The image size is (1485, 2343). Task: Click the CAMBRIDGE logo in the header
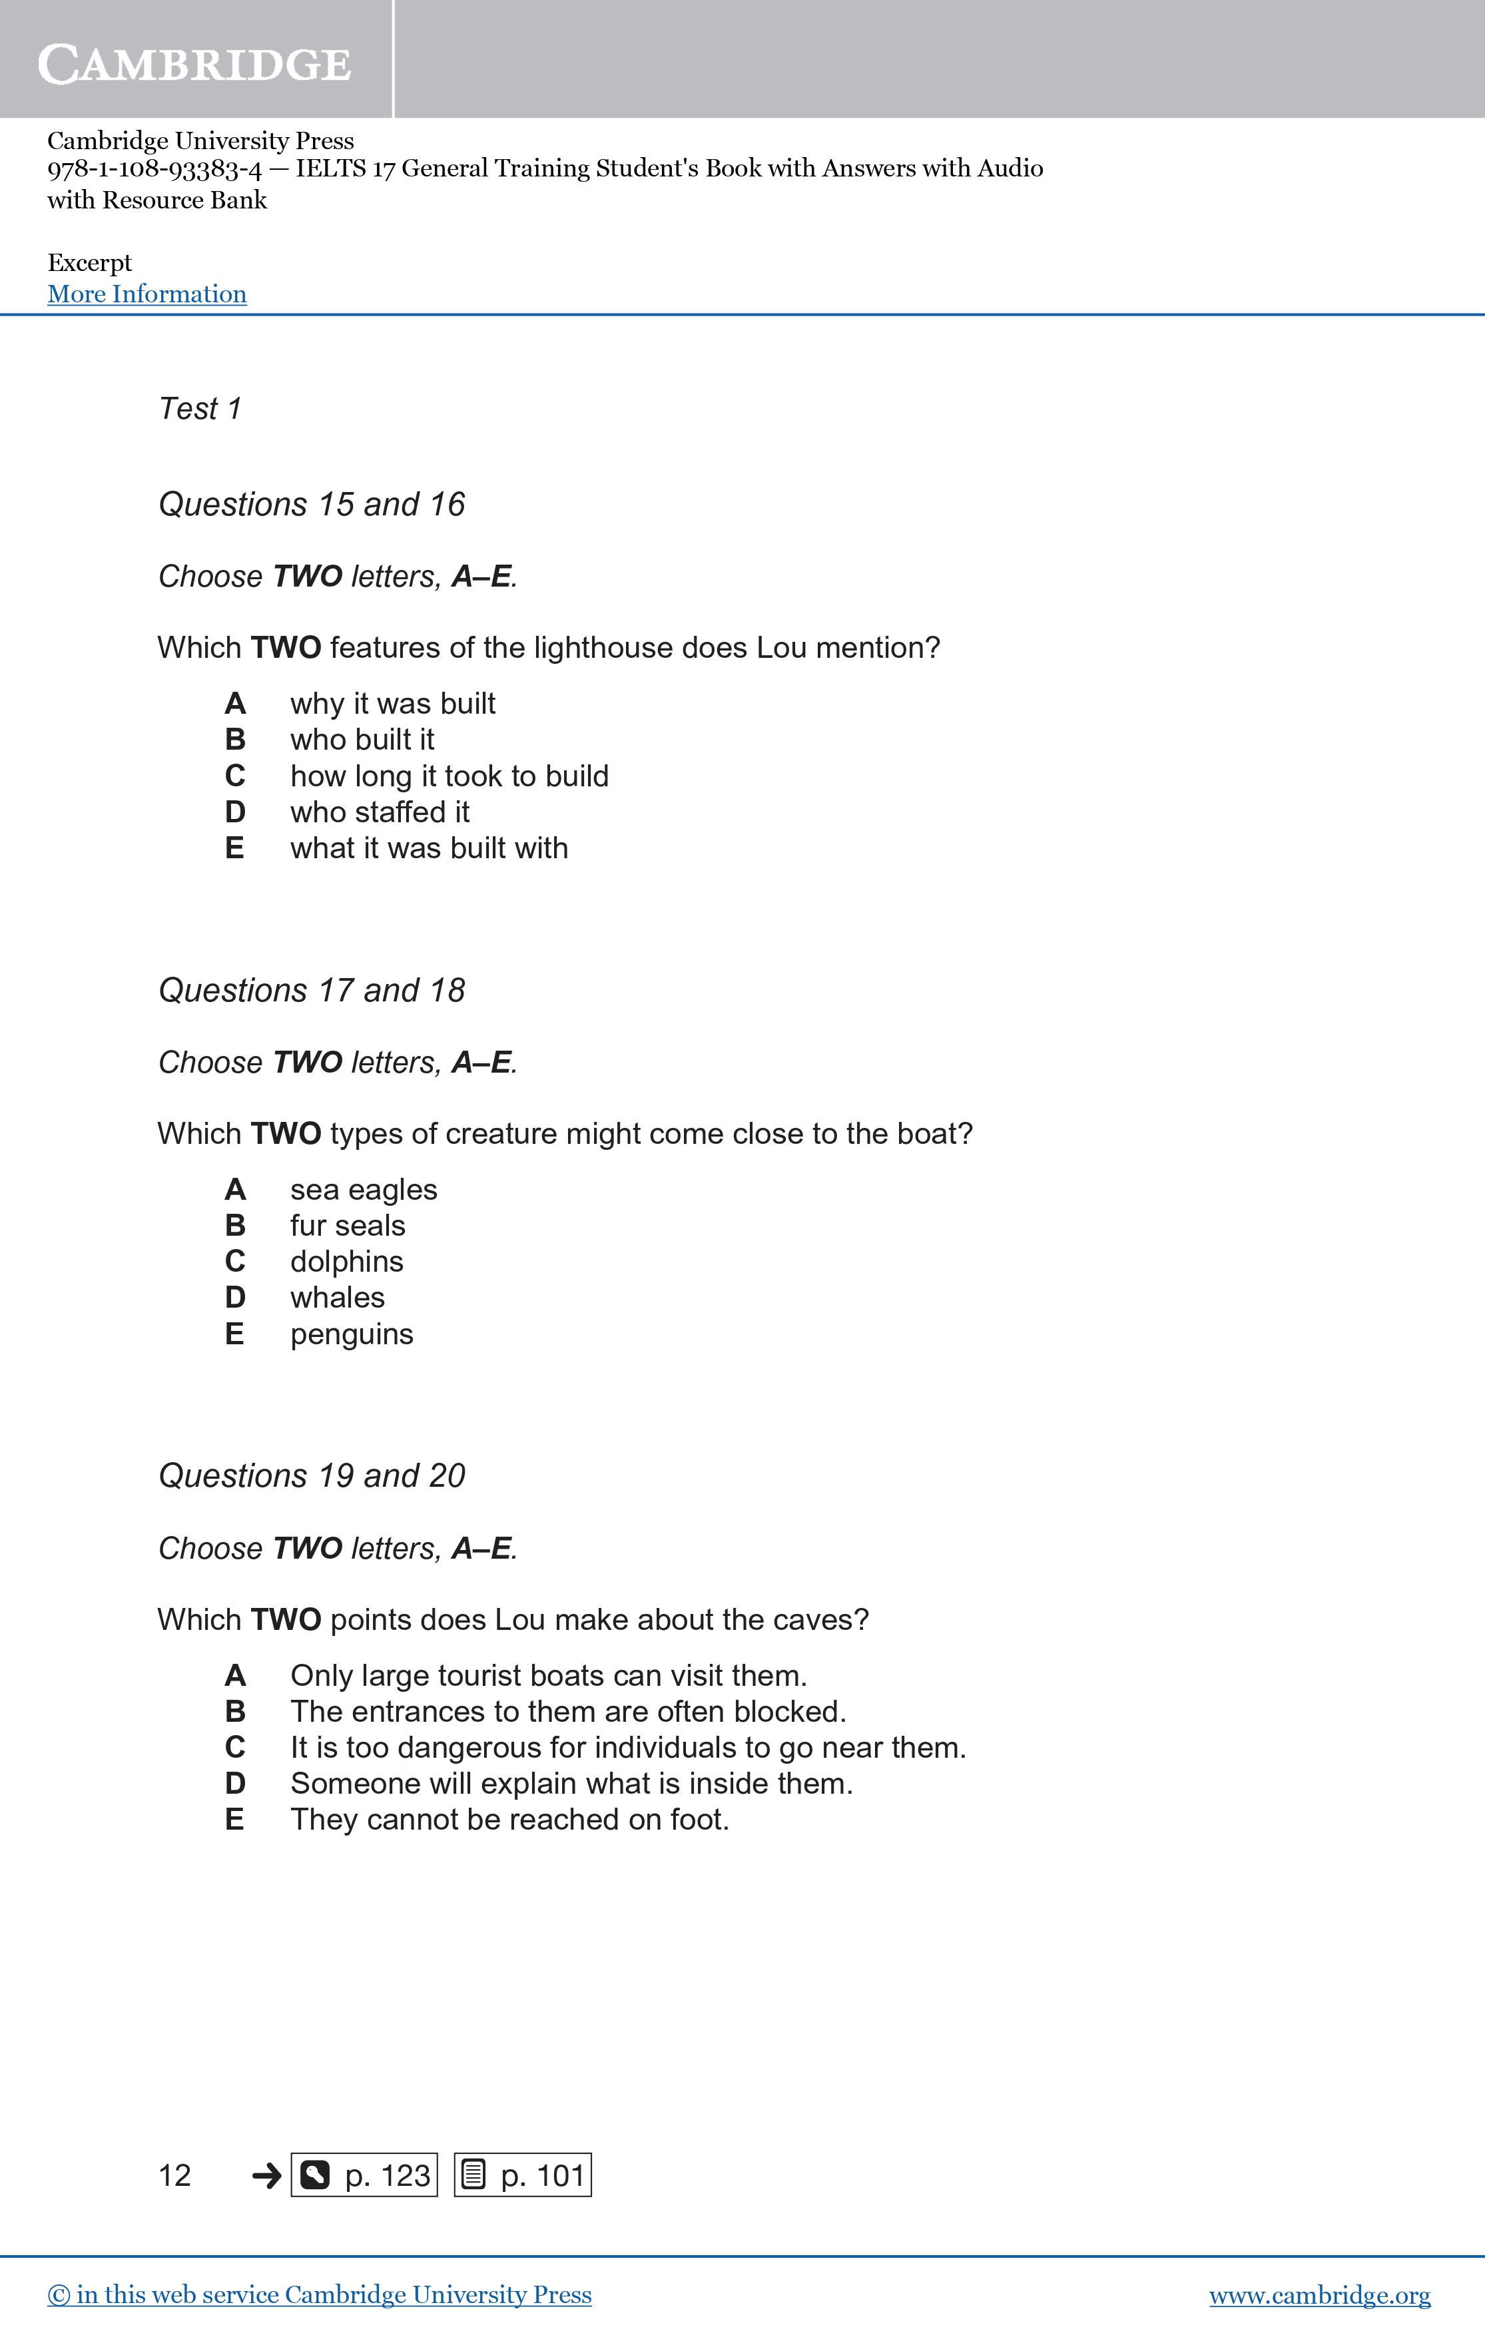click(x=194, y=64)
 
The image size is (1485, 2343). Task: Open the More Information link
click(x=147, y=294)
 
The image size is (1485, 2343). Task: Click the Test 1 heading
click(x=200, y=409)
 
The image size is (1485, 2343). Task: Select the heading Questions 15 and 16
click(x=312, y=504)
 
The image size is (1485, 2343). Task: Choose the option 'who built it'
click(x=362, y=740)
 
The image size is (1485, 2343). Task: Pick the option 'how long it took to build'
click(x=449, y=776)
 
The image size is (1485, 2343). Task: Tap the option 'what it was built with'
click(x=428, y=848)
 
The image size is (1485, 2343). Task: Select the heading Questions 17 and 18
click(x=312, y=991)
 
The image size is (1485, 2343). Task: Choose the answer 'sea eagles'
click(x=363, y=1189)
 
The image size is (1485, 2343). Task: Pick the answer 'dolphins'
click(x=346, y=1261)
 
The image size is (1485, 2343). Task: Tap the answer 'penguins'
click(x=352, y=1334)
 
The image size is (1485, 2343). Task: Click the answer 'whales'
click(x=337, y=1297)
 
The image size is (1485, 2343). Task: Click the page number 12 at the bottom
click(x=174, y=2175)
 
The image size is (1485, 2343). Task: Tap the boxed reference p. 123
click(x=364, y=2175)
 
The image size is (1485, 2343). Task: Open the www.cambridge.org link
click(x=1320, y=2295)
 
